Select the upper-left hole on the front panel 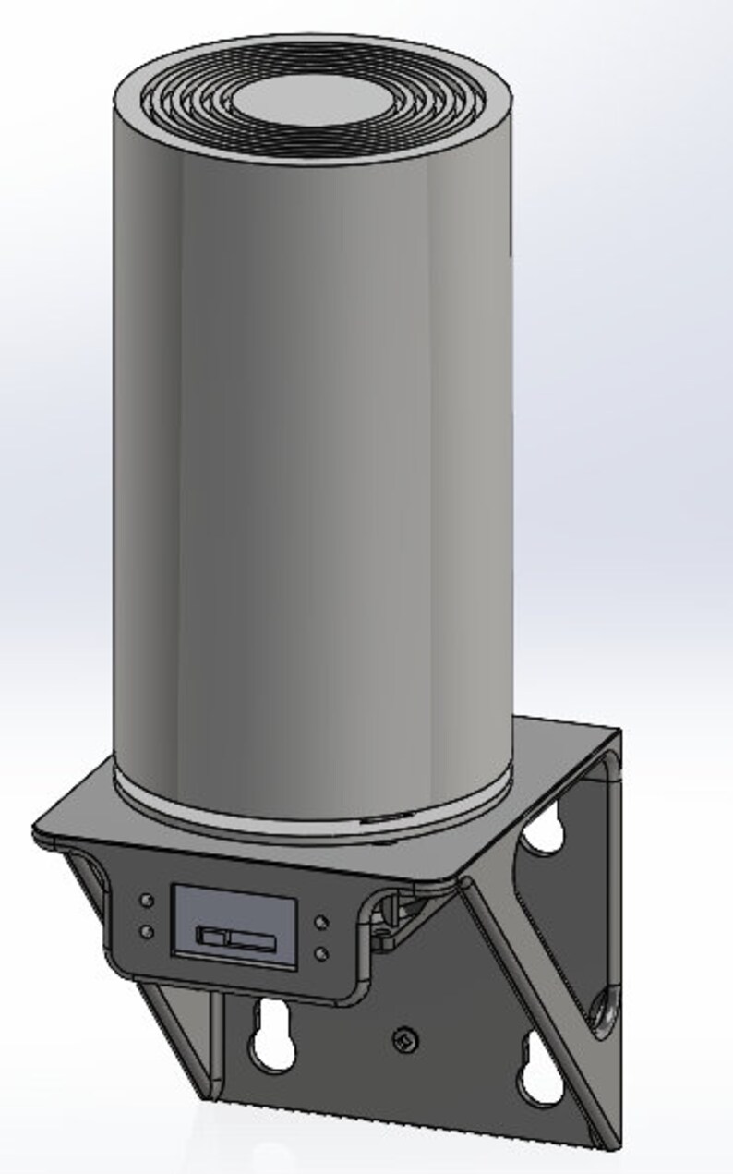point(146,900)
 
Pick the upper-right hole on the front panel point(320,921)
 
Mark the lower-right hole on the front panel point(320,951)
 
